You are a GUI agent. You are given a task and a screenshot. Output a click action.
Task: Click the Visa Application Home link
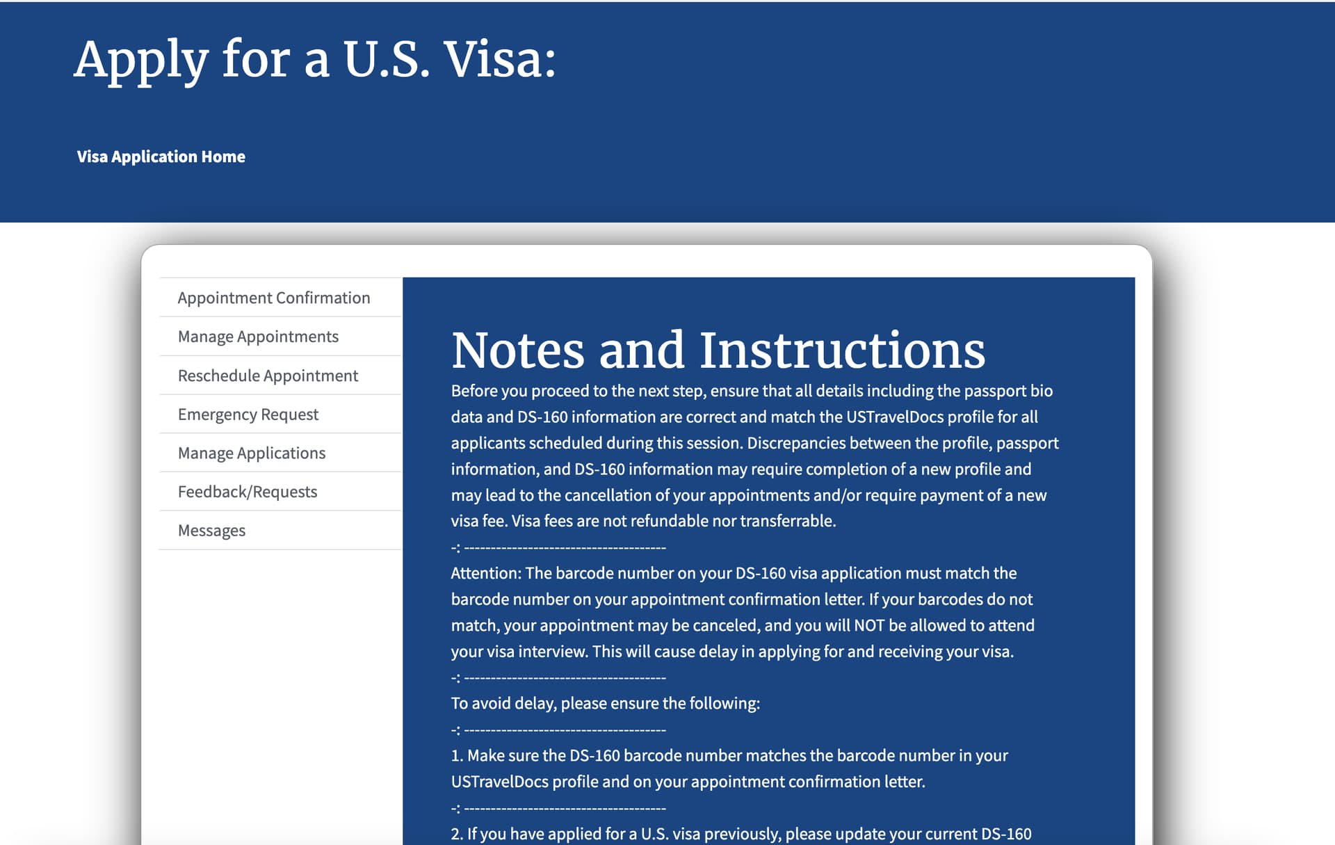pos(161,156)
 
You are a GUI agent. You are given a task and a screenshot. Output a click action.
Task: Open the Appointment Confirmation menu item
pos(273,298)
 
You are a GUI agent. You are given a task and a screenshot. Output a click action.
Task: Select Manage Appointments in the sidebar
pos(258,337)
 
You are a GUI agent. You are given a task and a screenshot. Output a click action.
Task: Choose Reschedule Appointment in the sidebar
pos(268,376)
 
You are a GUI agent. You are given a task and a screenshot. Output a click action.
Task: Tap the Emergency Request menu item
pos(248,415)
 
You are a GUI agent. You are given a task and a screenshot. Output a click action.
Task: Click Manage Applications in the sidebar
pos(251,453)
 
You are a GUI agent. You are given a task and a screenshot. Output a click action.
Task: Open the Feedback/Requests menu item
pos(247,492)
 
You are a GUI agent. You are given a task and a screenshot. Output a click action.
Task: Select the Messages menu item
pos(211,531)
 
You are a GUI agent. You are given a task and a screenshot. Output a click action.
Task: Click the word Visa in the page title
pos(499,60)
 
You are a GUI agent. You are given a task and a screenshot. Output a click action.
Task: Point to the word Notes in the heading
pos(517,351)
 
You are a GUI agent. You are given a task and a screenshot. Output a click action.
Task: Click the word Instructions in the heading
pos(841,351)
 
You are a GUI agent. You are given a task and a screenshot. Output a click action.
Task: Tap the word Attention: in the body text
pos(485,573)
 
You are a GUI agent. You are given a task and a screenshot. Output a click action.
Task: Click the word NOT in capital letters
pos(868,625)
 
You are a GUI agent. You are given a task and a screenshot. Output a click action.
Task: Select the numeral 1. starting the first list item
pos(457,756)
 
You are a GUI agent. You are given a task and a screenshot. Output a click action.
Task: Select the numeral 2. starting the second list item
pos(457,834)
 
